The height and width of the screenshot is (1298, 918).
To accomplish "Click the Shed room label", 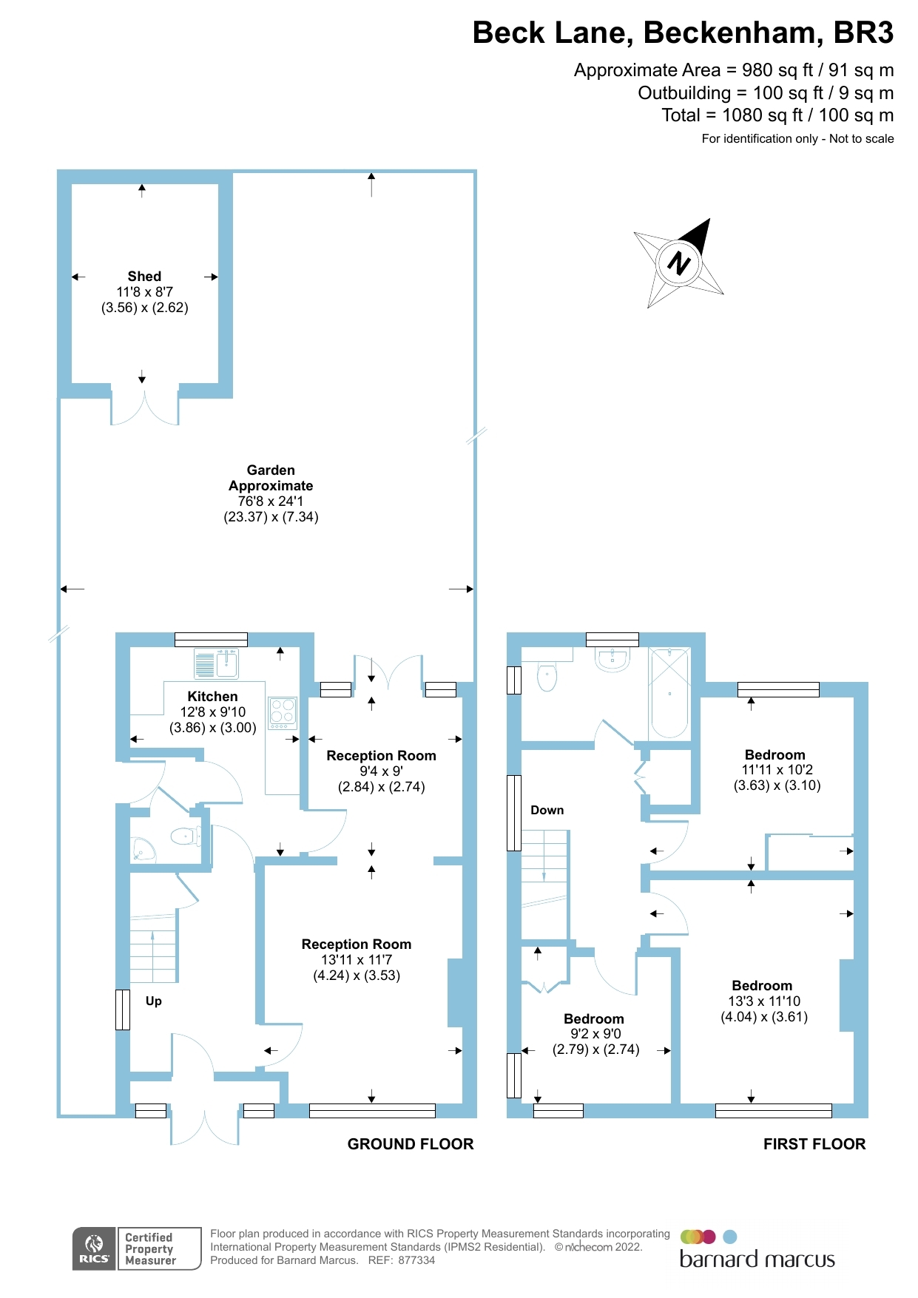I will click(x=144, y=277).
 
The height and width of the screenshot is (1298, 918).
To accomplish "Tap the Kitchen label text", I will click(x=212, y=697).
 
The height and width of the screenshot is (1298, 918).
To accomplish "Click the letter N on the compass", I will click(x=678, y=263).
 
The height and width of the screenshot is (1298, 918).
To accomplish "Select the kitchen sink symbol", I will click(x=217, y=663).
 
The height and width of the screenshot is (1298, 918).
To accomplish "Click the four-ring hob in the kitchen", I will click(x=283, y=712).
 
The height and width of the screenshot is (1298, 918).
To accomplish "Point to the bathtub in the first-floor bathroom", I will click(x=669, y=694).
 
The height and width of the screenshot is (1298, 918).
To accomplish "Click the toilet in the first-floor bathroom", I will click(x=547, y=676).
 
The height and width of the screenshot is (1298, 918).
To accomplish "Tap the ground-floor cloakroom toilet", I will click(x=184, y=836).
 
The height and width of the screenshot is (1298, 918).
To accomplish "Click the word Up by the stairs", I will click(x=154, y=1001).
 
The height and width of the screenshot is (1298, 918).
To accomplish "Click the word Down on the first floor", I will click(x=547, y=811).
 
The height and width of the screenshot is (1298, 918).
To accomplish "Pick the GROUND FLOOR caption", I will click(x=411, y=1144).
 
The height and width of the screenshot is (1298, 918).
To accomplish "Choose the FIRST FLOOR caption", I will click(x=814, y=1144).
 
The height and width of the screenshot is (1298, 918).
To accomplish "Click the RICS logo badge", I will click(x=94, y=1248).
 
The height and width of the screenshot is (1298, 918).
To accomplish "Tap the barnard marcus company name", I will click(x=757, y=1260).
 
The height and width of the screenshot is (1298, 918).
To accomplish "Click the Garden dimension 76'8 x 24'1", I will click(x=271, y=501).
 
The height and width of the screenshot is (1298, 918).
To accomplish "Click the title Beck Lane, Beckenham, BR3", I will click(x=683, y=33).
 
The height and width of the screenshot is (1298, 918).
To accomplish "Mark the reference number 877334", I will click(x=416, y=1260).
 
